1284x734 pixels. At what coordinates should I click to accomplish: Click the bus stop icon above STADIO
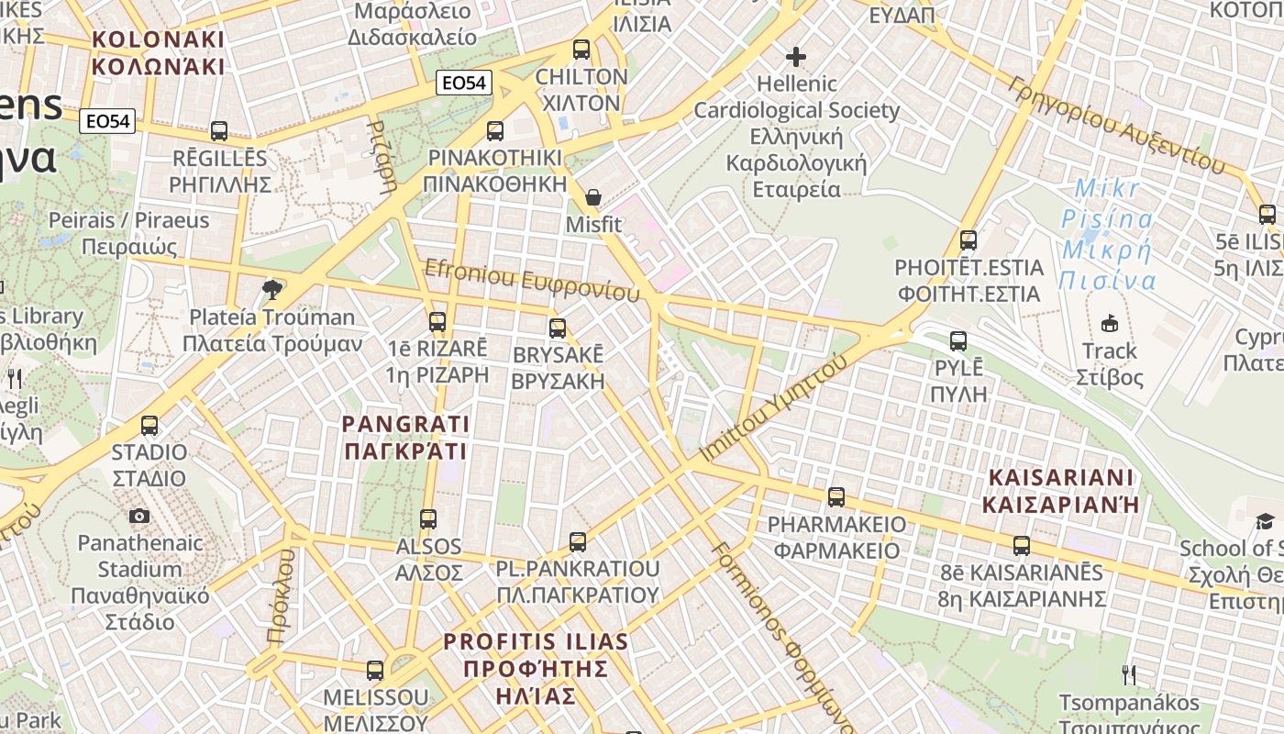(149, 426)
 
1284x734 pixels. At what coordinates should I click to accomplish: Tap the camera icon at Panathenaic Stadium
(139, 517)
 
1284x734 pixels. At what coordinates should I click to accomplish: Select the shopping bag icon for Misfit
(593, 197)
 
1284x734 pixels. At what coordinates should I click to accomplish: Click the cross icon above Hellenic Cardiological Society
(796, 57)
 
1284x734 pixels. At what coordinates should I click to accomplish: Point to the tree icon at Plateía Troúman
(271, 291)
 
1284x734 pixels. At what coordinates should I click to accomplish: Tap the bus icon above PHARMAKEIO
(836, 497)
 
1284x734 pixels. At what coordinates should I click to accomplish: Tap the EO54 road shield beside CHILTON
(463, 83)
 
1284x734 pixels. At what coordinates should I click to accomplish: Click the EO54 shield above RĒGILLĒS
(107, 121)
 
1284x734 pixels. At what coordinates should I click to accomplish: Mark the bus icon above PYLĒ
(958, 341)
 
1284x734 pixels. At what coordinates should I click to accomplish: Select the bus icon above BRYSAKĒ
(558, 328)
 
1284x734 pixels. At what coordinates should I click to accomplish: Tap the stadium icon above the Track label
(1110, 323)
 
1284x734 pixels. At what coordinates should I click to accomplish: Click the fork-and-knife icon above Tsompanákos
(1129, 675)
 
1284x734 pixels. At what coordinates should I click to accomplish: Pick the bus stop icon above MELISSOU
(375, 671)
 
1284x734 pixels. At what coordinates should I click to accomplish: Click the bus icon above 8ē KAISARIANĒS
(1022, 546)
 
